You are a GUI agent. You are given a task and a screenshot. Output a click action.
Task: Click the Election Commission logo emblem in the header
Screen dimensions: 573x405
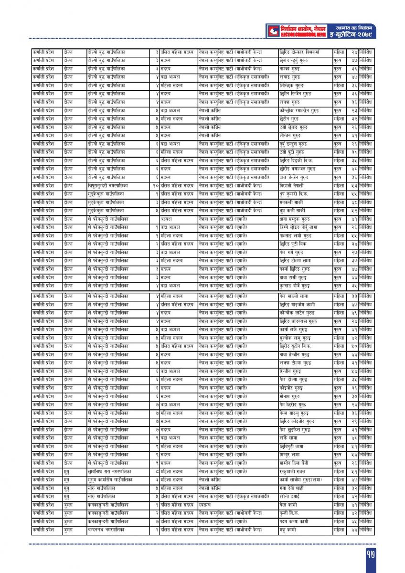pyautogui.click(x=273, y=31)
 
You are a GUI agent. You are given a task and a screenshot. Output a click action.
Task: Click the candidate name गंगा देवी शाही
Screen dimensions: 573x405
pyautogui.click(x=292, y=488)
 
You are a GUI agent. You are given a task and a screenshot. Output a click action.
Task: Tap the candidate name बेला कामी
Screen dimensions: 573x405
pyautogui.click(x=288, y=505)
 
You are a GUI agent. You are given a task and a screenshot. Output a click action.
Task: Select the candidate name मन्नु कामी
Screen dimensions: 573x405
pyautogui.click(x=288, y=530)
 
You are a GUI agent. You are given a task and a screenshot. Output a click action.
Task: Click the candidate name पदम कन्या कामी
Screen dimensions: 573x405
pyautogui.click(x=294, y=521)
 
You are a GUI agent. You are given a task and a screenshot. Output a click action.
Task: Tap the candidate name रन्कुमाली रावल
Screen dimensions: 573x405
pyautogui.click(x=293, y=471)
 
